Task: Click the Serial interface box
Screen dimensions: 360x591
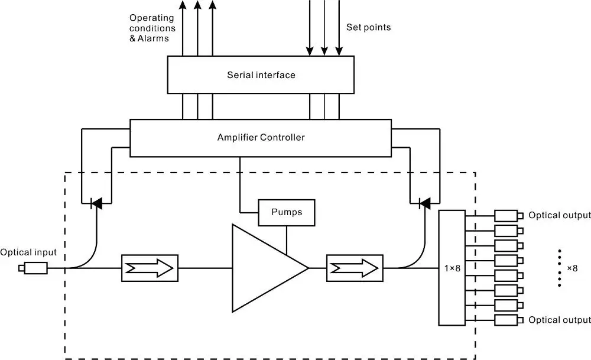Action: click(261, 74)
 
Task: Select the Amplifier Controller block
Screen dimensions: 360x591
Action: click(260, 138)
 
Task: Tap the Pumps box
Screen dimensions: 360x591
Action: click(287, 212)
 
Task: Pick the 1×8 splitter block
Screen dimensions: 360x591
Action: click(452, 268)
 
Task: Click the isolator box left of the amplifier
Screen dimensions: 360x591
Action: click(149, 268)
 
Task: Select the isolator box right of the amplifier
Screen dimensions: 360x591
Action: click(354, 268)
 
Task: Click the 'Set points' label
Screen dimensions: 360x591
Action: click(368, 27)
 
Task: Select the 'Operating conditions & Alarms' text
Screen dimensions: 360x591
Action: click(152, 28)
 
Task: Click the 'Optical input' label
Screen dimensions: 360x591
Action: click(28, 252)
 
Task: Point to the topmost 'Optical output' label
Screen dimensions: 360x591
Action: click(560, 215)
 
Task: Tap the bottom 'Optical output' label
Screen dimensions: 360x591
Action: click(560, 320)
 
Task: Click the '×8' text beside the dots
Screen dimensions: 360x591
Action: click(572, 268)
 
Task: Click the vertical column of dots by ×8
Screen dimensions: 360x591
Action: click(559, 268)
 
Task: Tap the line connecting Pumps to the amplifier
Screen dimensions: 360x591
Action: click(287, 240)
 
